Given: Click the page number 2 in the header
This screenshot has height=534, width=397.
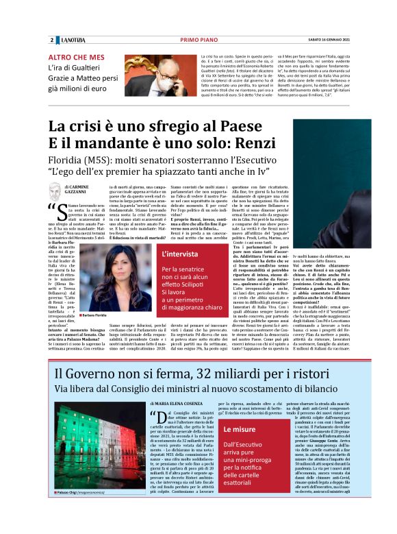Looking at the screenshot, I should (x=52, y=40).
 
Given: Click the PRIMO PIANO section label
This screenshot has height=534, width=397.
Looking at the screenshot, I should (x=203, y=40).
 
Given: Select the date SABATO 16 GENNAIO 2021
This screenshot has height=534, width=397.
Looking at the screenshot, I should (x=322, y=40).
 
